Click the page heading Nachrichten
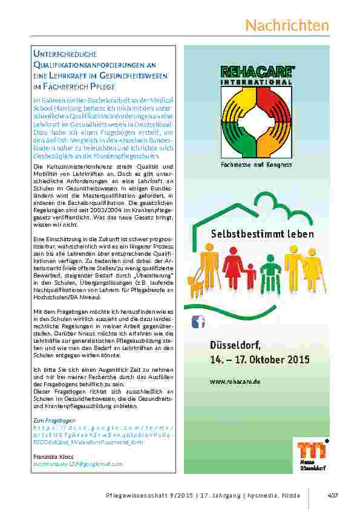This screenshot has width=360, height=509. [x=287, y=25]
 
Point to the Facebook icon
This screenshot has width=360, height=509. [x=198, y=322]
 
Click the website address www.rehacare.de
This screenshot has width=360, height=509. [x=235, y=382]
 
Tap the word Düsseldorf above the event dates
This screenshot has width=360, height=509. [x=235, y=345]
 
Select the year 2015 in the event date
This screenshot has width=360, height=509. [x=297, y=359]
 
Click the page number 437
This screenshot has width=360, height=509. [x=332, y=496]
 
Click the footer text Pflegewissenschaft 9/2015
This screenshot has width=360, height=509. [x=149, y=496]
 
